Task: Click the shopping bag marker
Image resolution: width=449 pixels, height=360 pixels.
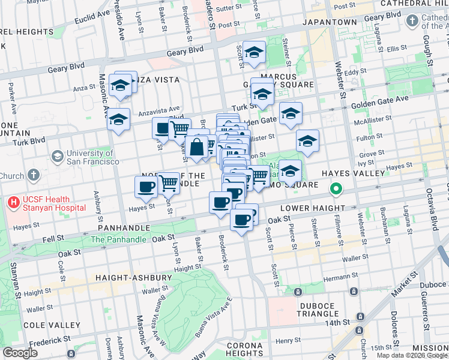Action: click(196, 147)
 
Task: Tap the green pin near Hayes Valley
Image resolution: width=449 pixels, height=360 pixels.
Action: click(336, 190)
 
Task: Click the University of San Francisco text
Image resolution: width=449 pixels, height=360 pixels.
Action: click(93, 157)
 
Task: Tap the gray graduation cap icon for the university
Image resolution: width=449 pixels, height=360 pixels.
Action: click(57, 157)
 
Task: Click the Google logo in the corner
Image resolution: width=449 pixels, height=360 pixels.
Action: click(20, 352)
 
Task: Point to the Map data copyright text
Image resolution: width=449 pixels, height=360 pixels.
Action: click(411, 355)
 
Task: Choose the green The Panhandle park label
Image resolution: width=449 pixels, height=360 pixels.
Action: click(118, 239)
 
